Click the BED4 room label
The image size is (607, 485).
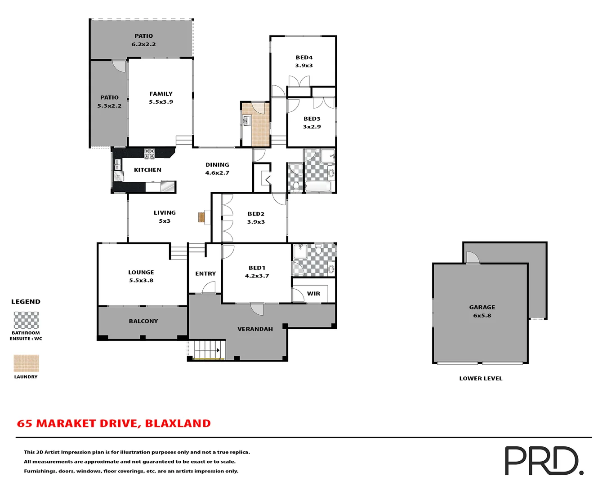(x=304, y=57)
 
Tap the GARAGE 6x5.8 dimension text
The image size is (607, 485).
(x=482, y=316)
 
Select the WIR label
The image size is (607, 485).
(x=313, y=294)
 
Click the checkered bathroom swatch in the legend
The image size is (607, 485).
(x=26, y=321)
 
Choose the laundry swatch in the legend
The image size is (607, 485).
(x=26, y=363)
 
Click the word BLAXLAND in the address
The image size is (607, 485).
(x=178, y=423)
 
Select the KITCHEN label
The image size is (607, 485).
(x=147, y=170)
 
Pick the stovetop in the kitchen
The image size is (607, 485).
(x=149, y=153)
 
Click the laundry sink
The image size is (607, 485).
(x=247, y=120)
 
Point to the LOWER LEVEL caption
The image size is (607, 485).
(x=481, y=379)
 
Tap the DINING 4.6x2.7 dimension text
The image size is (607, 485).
(x=217, y=173)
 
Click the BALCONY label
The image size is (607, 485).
(x=143, y=321)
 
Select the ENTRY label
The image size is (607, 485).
(x=205, y=273)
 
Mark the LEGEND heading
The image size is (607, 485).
(x=26, y=302)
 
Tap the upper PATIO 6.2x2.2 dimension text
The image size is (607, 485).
(x=143, y=44)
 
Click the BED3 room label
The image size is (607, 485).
(x=312, y=119)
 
